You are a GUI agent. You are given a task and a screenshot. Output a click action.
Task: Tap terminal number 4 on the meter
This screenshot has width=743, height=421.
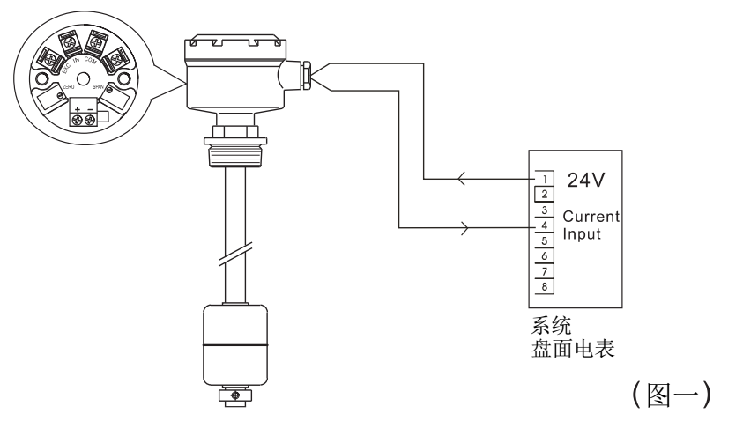543,225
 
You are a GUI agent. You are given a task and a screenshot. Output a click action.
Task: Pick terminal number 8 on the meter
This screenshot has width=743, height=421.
543,286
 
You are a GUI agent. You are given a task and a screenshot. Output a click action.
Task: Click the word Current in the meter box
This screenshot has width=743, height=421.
591,216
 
